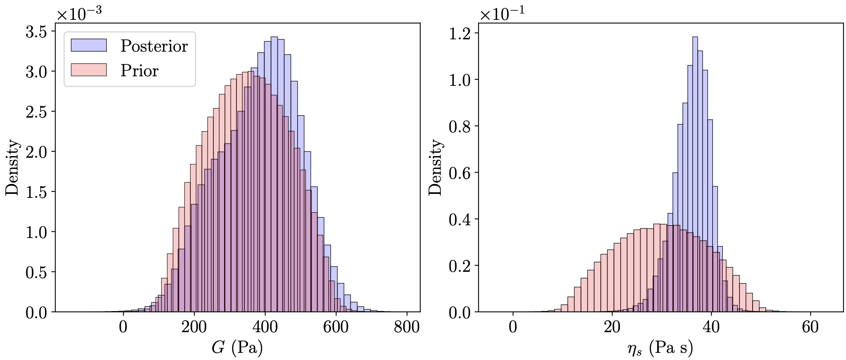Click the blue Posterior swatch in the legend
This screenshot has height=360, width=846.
click(x=89, y=45)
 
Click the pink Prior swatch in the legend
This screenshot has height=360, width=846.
click(x=89, y=70)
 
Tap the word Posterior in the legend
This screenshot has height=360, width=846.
click(x=154, y=46)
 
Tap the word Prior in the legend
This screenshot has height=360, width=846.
click(x=139, y=71)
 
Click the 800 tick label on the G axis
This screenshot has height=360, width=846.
click(x=407, y=327)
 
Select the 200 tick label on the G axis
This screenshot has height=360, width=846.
click(x=194, y=327)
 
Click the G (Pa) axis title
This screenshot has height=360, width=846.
click(x=237, y=347)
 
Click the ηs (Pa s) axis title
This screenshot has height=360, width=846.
click(x=660, y=348)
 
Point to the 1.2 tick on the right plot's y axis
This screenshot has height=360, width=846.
click(x=460, y=34)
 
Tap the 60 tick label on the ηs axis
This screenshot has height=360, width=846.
click(x=810, y=327)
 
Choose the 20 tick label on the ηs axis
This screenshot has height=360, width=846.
click(x=612, y=327)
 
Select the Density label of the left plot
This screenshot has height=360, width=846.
click(x=12, y=167)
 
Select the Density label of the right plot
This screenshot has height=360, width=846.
click(x=436, y=167)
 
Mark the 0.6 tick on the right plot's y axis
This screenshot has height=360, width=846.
click(x=460, y=173)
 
